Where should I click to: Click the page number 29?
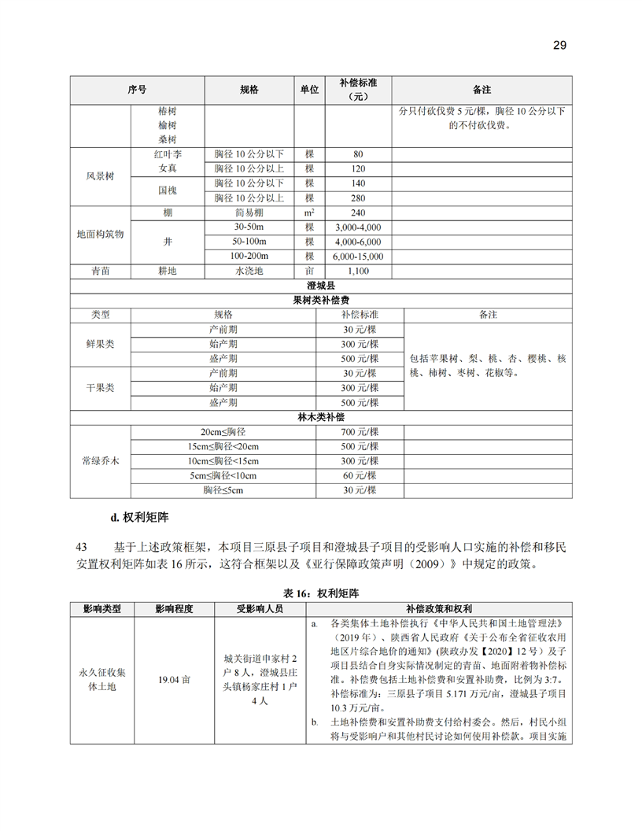(x=559, y=45)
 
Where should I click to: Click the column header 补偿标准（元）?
(x=358, y=89)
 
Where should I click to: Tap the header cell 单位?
(x=309, y=90)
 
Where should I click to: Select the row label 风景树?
(x=101, y=176)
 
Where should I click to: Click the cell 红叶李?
(x=168, y=154)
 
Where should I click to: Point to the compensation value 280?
(x=358, y=198)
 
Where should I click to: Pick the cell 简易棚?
(x=249, y=212)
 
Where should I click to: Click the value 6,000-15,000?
(x=358, y=257)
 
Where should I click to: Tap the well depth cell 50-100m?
(x=249, y=242)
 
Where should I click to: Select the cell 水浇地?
(x=249, y=271)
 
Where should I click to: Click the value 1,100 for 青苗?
(x=358, y=271)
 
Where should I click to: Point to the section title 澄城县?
(x=321, y=286)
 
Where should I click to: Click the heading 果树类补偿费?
(x=321, y=300)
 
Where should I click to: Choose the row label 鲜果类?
(x=100, y=344)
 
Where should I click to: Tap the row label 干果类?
(x=100, y=388)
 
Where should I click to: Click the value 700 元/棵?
(x=360, y=432)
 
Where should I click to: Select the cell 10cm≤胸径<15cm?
(x=223, y=461)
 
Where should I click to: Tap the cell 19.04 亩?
(x=174, y=678)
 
